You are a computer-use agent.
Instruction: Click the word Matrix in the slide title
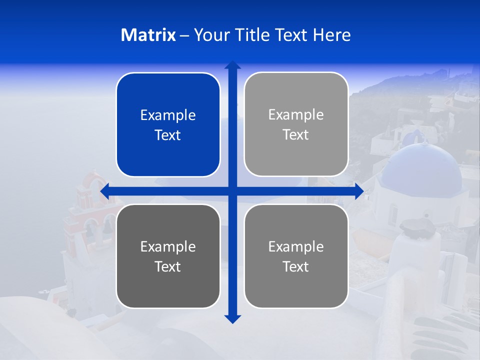148,35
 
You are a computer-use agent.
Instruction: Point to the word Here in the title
332,35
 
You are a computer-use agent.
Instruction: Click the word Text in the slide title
292,35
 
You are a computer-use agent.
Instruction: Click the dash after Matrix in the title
184,35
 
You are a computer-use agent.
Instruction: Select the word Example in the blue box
168,115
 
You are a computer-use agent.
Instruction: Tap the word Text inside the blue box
168,135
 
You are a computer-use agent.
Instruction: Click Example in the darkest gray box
168,246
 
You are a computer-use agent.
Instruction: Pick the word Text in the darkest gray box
168,266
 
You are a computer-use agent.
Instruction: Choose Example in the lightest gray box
296,115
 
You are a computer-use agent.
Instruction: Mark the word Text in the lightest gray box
296,134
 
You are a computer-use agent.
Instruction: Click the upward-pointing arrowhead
232,65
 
